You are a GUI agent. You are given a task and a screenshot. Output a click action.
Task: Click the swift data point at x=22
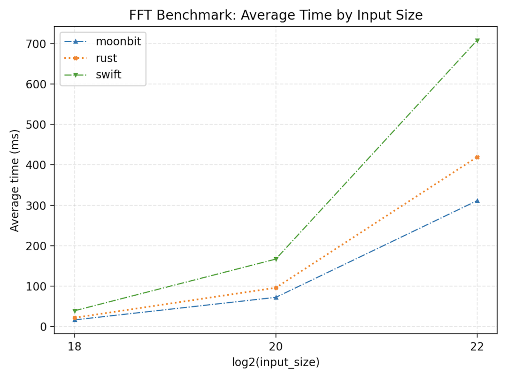point(477,41)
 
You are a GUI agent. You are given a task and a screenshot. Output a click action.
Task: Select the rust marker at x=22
point(477,157)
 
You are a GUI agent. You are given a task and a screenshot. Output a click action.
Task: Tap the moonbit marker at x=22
point(477,201)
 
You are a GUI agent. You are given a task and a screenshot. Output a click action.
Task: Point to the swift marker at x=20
point(276,259)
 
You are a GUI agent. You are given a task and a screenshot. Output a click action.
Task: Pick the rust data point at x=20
point(276,288)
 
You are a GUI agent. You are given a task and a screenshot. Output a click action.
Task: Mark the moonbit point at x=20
point(276,297)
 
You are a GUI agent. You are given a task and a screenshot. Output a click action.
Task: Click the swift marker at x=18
point(74,311)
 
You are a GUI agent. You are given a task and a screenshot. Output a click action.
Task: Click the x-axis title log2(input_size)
point(276,362)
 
